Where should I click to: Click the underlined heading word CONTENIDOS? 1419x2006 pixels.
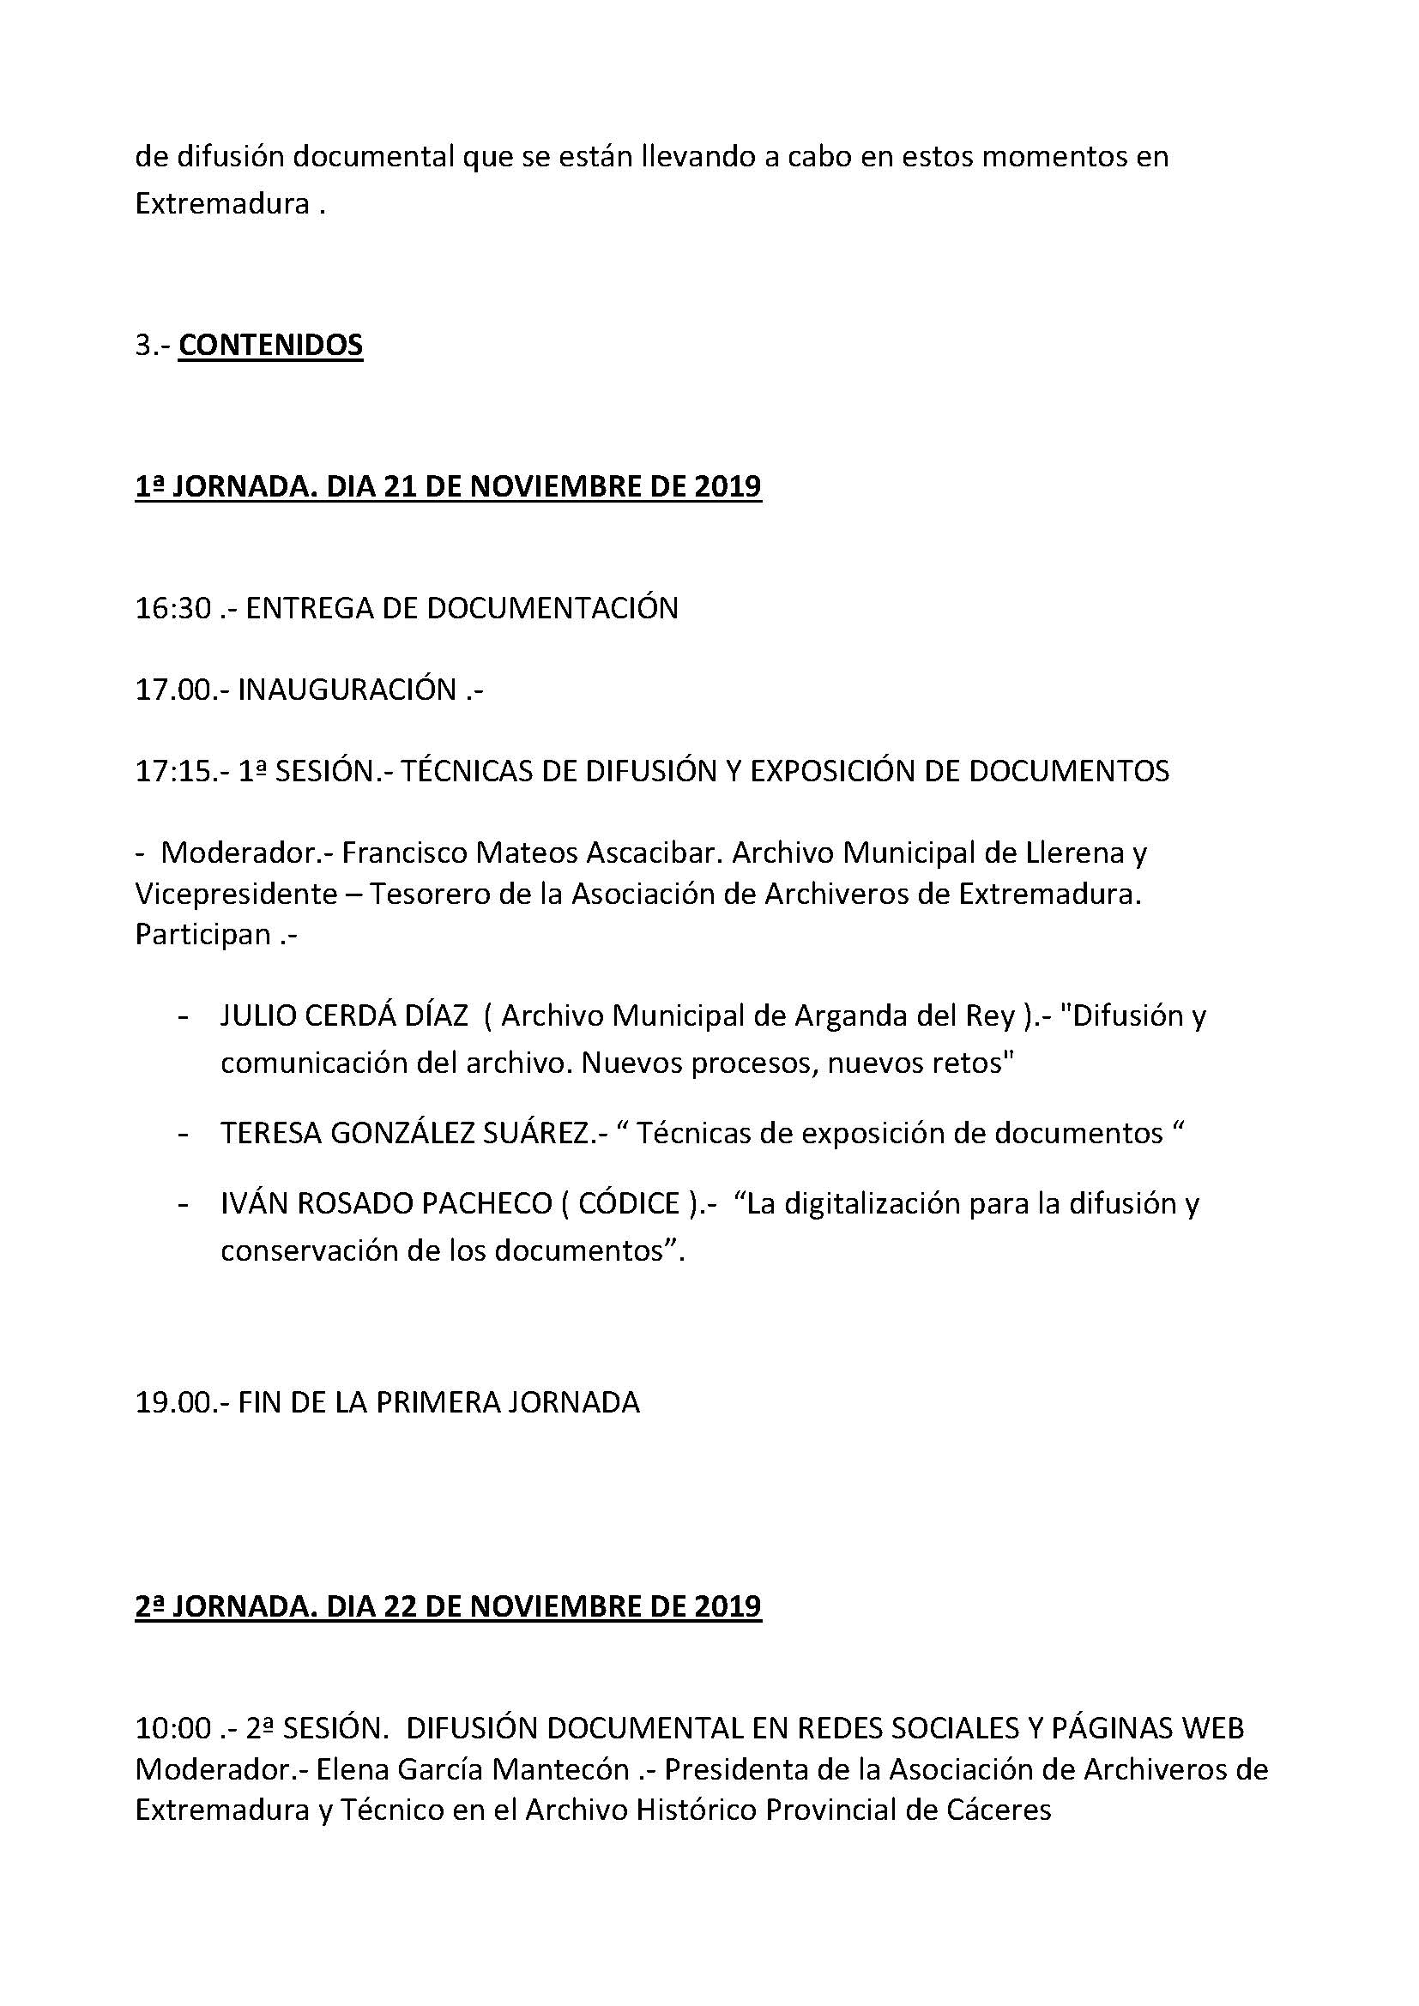[x=270, y=345]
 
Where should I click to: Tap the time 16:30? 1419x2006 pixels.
[x=173, y=608]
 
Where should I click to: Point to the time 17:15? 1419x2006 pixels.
[x=173, y=771]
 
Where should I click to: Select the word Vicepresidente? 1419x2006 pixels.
[x=236, y=894]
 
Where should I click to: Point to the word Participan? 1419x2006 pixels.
[x=202, y=934]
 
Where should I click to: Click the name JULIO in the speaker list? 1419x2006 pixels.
[x=258, y=1016]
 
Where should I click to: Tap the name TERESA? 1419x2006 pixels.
[x=268, y=1133]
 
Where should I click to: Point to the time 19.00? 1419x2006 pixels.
[x=173, y=1402]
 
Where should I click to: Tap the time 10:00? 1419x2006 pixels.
[x=173, y=1728]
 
